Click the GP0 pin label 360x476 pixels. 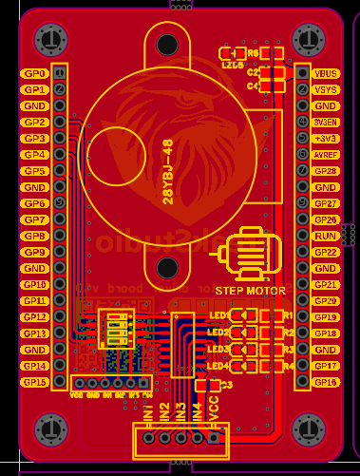tap(34, 73)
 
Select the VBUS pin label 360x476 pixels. tap(326, 73)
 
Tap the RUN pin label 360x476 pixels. tap(326, 236)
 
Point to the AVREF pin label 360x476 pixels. tap(326, 154)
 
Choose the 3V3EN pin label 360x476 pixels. tap(326, 122)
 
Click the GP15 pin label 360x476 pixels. tap(34, 382)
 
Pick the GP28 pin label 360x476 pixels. tap(326, 171)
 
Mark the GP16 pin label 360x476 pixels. tap(326, 382)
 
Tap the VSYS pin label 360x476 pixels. tap(326, 89)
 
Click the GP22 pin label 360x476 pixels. tap(326, 252)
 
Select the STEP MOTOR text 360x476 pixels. tap(250, 291)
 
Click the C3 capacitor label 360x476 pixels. tap(225, 385)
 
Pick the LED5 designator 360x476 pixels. tap(231, 65)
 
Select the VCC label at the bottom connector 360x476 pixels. tap(213, 409)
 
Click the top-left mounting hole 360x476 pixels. tap(51, 39)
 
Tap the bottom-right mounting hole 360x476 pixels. tap(310, 429)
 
